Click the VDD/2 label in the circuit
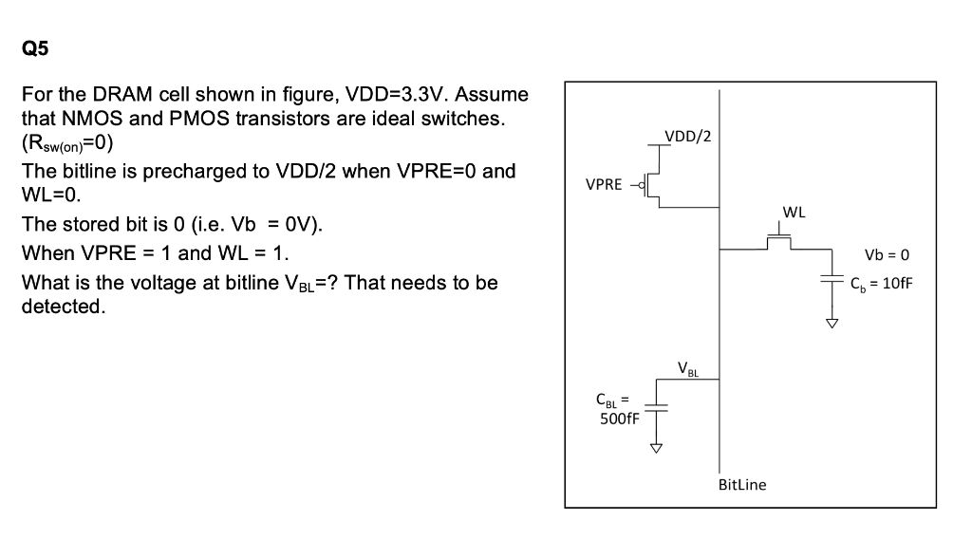coord(688,136)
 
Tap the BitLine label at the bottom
coord(742,485)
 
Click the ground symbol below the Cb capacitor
coord(832,324)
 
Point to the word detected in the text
coord(63,307)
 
